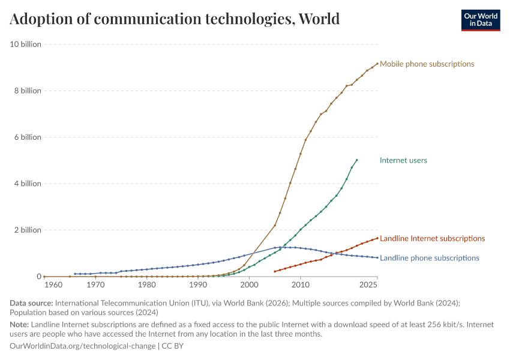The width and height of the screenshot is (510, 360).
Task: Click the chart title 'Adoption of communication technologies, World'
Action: pos(175,19)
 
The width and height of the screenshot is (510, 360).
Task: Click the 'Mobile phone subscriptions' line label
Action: pos(427,64)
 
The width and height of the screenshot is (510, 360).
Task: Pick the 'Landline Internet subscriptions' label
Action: pos(432,238)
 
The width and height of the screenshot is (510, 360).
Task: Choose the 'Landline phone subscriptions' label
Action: pos(430,258)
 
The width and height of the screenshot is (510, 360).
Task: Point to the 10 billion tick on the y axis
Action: pos(24,44)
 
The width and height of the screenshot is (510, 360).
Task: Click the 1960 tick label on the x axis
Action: pos(53,284)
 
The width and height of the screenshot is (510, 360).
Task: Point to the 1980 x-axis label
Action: pos(147,284)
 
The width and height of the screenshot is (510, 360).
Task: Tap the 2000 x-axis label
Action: pos(250,284)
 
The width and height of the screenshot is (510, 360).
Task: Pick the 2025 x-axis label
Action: pos(368,284)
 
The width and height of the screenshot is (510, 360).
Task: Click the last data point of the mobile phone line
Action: pos(377,64)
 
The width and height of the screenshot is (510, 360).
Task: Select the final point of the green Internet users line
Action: pos(357,160)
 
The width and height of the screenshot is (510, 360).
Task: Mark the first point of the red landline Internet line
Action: pos(275,271)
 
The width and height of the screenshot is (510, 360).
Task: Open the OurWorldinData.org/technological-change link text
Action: pos(83,346)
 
